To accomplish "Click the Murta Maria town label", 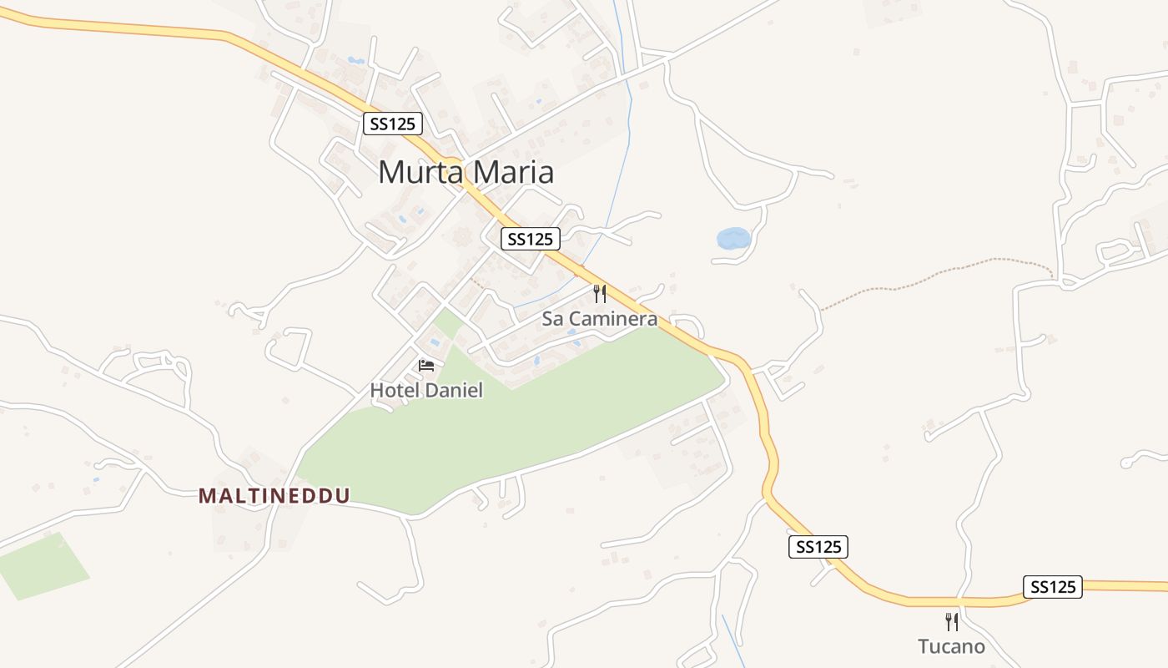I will click(466, 173).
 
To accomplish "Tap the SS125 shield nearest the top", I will click(394, 124).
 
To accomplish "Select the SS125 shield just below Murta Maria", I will click(531, 239).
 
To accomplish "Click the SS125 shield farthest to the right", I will click(1052, 587).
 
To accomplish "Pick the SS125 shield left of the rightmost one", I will click(818, 547).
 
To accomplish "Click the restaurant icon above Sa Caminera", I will click(599, 293).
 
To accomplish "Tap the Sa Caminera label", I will click(599, 319).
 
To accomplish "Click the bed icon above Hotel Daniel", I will click(426, 366).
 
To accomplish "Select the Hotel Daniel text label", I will click(426, 390).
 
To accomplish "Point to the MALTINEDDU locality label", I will click(274, 496).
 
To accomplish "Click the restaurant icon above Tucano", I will click(951, 621).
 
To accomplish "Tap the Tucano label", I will click(951, 646).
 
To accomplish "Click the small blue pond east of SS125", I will click(733, 239).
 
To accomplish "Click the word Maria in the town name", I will click(513, 173).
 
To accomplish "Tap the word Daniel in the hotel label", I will click(455, 390).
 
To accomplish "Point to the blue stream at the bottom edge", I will click(734, 643).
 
